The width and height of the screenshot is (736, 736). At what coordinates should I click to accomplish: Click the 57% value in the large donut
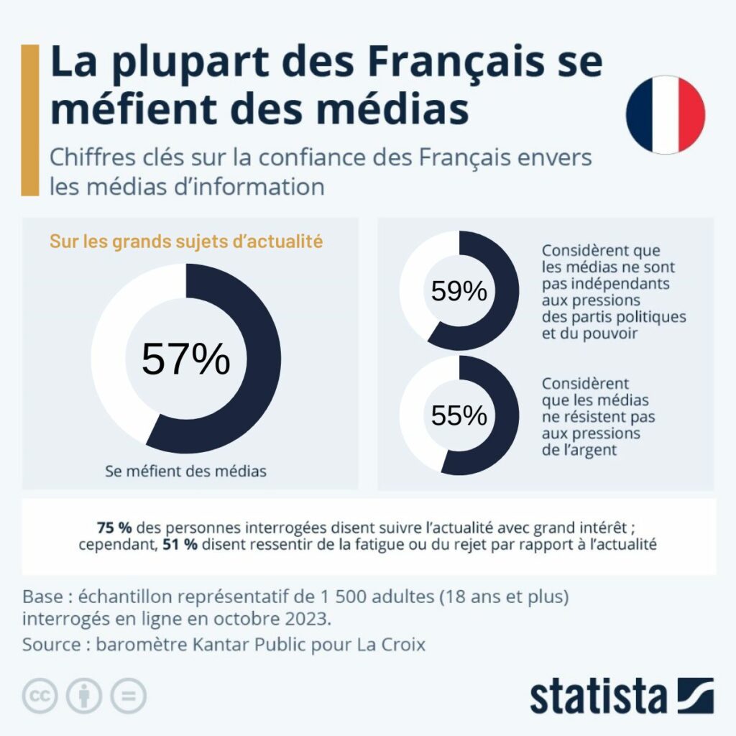tap(185, 359)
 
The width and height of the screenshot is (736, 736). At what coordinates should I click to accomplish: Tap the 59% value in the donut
tap(459, 291)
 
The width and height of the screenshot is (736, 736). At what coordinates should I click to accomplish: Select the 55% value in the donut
tap(459, 415)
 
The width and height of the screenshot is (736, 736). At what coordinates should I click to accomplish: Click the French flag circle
tap(666, 116)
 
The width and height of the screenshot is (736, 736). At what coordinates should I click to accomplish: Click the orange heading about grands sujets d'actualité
tap(185, 241)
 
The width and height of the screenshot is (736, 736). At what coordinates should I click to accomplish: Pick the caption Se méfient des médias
tap(185, 471)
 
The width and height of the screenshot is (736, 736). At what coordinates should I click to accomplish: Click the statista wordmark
tap(598, 696)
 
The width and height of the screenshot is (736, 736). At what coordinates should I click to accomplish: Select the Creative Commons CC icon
tap(40, 696)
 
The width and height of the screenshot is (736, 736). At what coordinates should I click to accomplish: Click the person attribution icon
tap(84, 696)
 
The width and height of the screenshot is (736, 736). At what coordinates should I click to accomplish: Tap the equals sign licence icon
tap(128, 696)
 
